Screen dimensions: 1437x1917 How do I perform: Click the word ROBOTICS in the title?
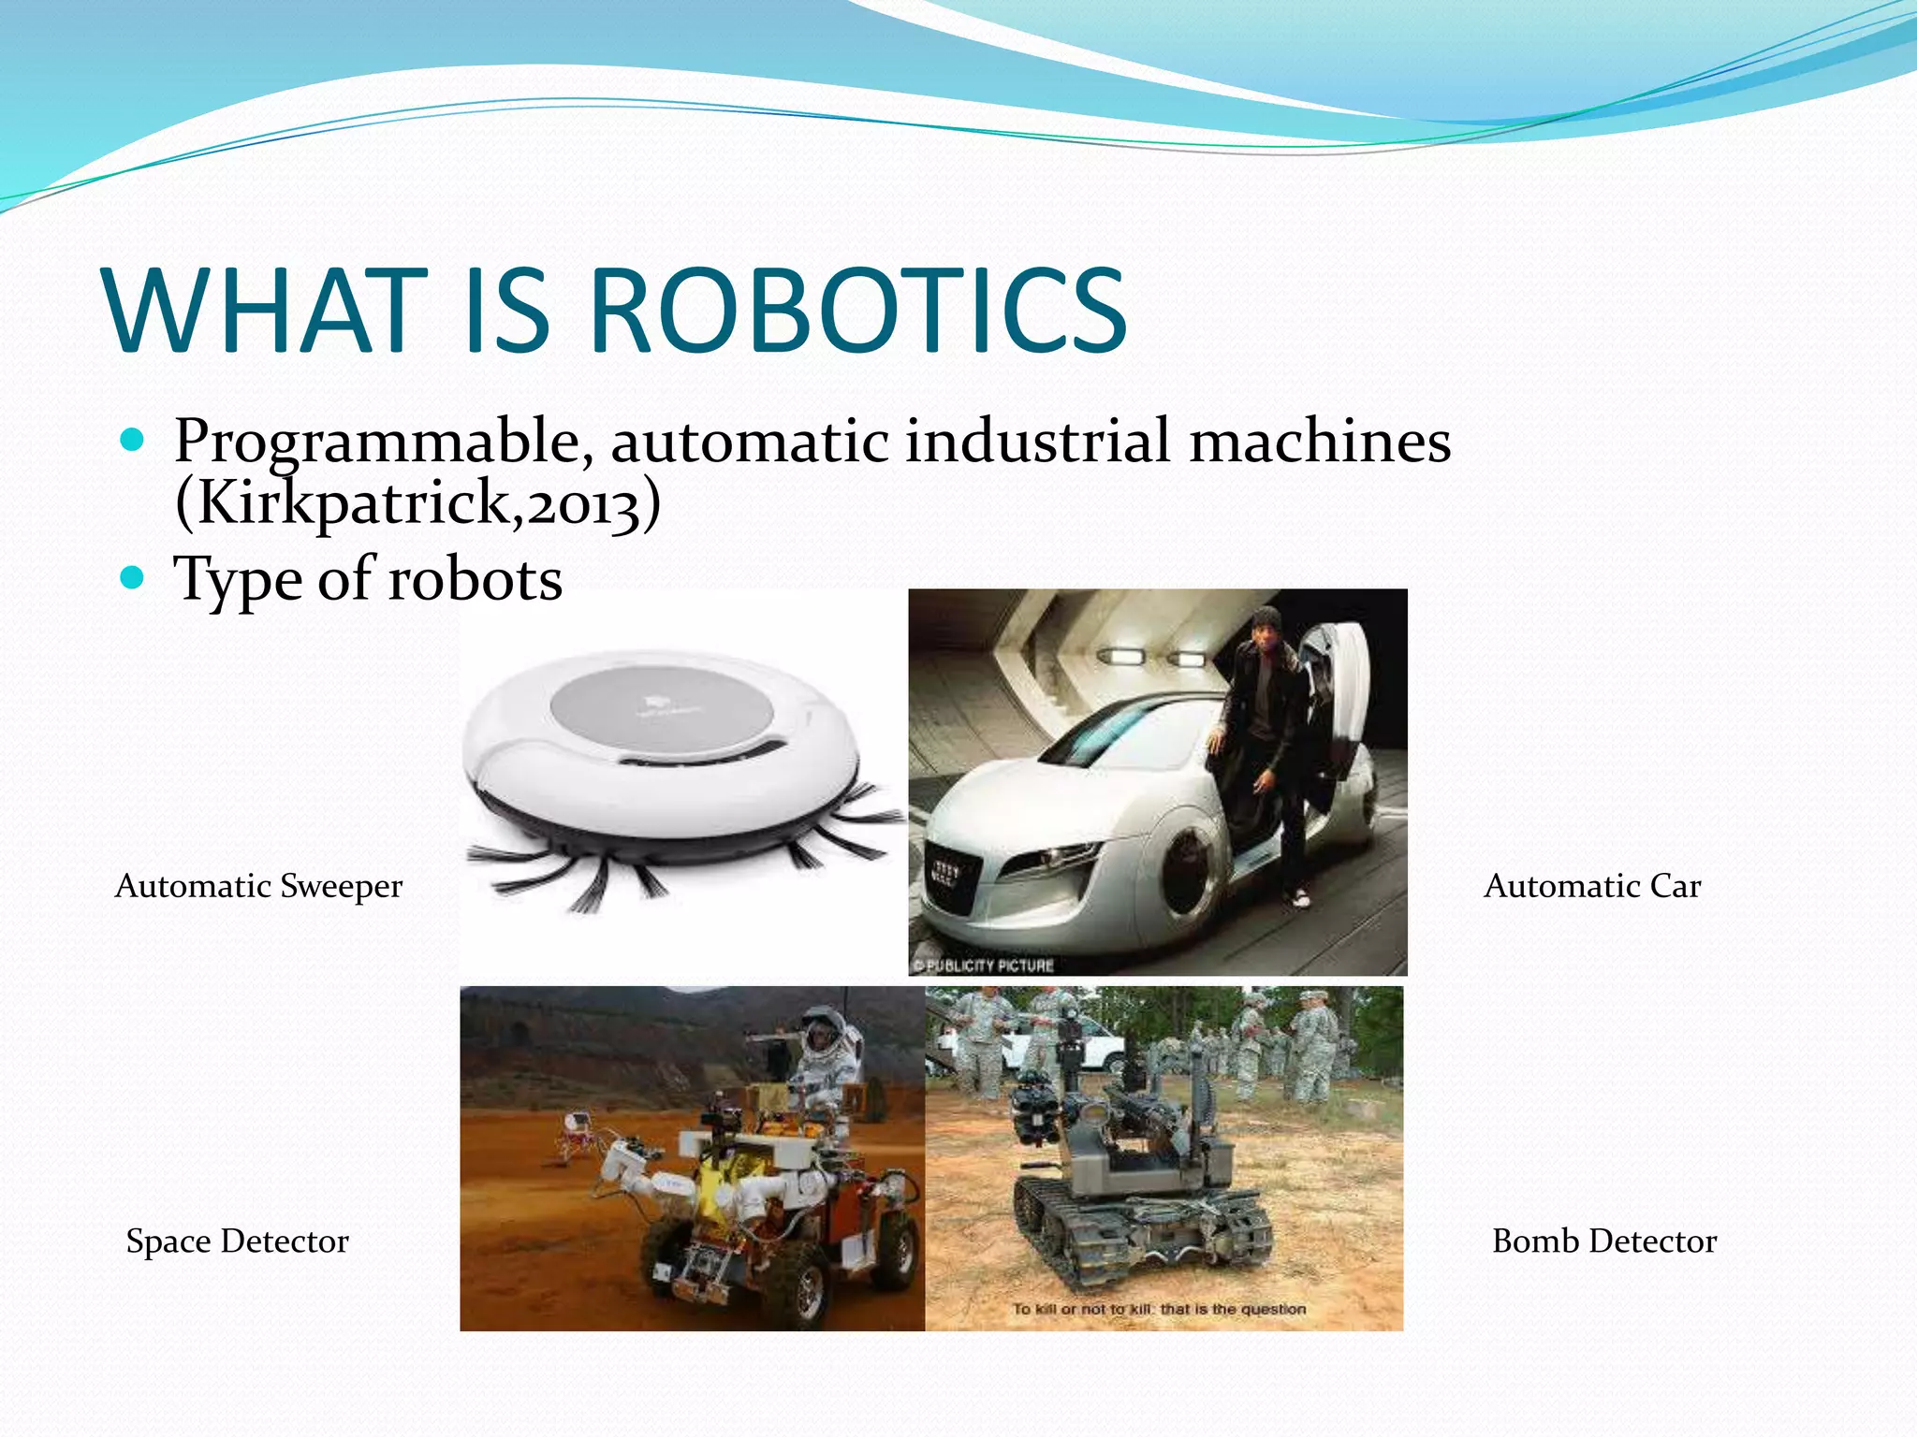pos(858,312)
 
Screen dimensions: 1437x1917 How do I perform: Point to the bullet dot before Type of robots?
pos(133,577)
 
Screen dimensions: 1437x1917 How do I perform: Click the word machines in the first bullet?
pos(1320,442)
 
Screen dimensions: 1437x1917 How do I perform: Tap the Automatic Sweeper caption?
pos(258,885)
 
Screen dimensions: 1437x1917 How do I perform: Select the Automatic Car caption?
pos(1592,885)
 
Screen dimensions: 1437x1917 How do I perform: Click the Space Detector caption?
pos(237,1241)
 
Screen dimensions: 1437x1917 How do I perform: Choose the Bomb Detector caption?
pos(1604,1241)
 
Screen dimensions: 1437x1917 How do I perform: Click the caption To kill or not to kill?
pos(1159,1309)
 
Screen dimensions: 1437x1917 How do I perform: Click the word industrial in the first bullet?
pos(1037,442)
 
